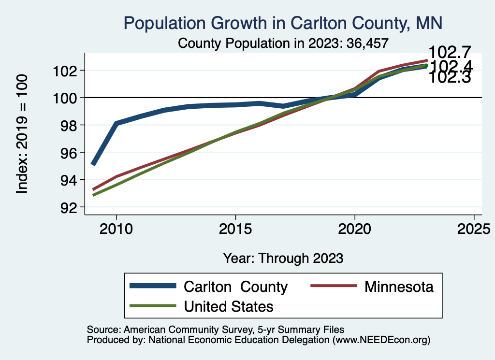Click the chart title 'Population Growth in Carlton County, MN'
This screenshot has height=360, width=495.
[283, 23]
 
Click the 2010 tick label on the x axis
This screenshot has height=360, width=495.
[116, 229]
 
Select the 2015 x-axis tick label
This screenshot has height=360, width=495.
[235, 229]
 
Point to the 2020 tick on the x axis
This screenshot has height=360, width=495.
[355, 229]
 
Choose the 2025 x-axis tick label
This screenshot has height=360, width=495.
[474, 229]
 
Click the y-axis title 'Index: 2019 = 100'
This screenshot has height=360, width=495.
[22, 134]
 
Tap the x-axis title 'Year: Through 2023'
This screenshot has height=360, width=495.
[283, 258]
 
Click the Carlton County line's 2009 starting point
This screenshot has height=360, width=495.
[93, 165]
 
